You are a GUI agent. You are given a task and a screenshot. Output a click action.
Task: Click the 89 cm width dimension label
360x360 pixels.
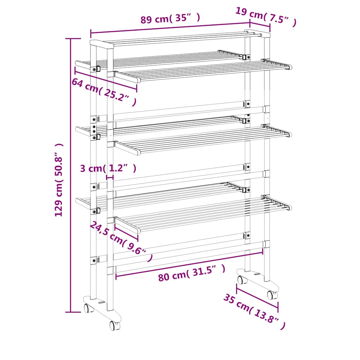click(x=170, y=18)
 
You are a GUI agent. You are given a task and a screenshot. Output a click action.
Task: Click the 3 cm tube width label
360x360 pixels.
click(x=108, y=168)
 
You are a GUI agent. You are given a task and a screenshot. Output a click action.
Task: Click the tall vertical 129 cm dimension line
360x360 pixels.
click(x=71, y=176)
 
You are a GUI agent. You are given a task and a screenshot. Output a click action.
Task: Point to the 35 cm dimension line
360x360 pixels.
click(x=257, y=298)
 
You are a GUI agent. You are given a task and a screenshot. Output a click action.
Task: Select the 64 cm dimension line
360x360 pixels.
click(x=106, y=81)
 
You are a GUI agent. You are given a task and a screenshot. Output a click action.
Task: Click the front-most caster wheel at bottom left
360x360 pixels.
click(x=114, y=325)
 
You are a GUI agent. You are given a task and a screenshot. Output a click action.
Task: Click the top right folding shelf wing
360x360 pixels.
click(x=204, y=71)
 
